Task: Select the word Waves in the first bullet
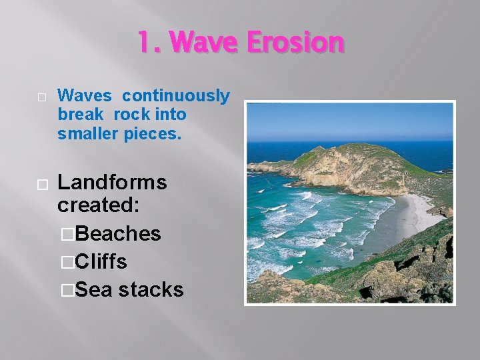(84, 96)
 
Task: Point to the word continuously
(176, 96)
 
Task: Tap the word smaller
(87, 133)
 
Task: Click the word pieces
(151, 133)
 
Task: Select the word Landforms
(112, 182)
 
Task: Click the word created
(98, 205)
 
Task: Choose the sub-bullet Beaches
(118, 233)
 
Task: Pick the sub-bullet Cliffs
(101, 261)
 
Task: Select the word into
(168, 115)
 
